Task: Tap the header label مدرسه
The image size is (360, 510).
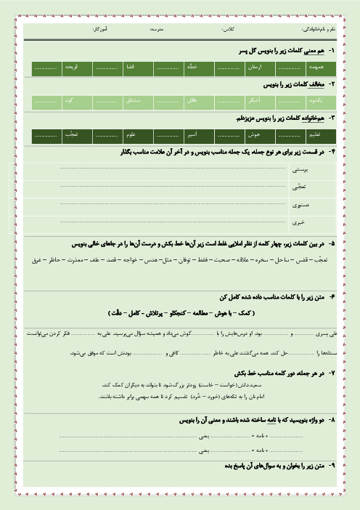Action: (x=155, y=31)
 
